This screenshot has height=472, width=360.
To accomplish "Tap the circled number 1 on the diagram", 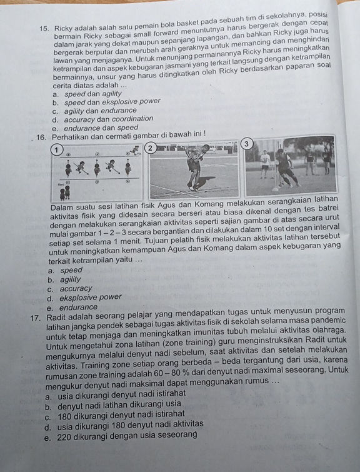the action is point(56,149).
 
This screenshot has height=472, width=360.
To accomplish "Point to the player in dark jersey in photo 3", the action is point(286,168).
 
